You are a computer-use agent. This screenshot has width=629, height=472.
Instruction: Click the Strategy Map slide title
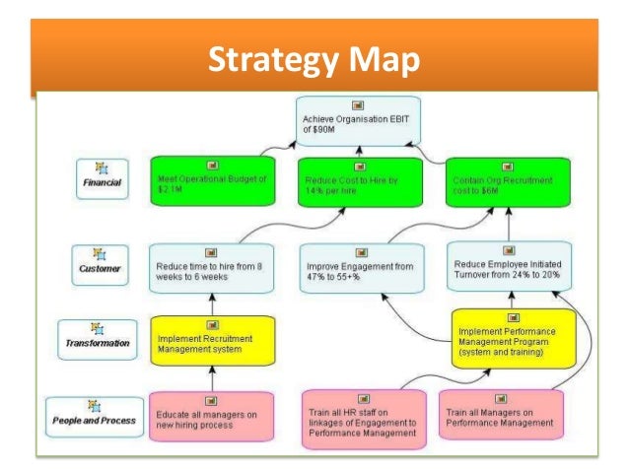pyautogui.click(x=314, y=61)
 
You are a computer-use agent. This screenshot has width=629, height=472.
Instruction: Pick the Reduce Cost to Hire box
pyautogui.click(x=359, y=182)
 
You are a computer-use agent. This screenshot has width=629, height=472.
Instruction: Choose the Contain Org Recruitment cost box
pyautogui.click(x=508, y=182)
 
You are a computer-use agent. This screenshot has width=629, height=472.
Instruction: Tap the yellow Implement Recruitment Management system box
pyautogui.click(x=210, y=340)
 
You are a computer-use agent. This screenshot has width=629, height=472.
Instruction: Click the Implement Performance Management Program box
pyautogui.click(x=512, y=336)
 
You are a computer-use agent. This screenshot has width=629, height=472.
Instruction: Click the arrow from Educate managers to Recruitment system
pyautogui.click(x=210, y=377)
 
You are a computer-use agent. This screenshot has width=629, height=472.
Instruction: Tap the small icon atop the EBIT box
pyautogui.click(x=359, y=105)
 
